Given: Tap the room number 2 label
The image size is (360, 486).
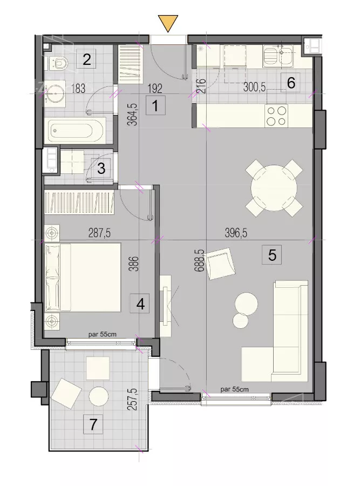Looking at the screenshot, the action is coord(86,59).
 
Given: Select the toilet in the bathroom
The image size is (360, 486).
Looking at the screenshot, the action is coord(57,63).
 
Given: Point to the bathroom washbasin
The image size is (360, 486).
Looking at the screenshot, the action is coord(55,92).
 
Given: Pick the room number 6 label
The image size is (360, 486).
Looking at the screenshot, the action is coord(290,83).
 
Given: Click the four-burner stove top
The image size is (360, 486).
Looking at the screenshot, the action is coord(277,116).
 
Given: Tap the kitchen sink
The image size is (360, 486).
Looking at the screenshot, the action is coord(278,56).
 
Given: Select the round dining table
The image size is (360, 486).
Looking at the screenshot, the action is coord(274,188).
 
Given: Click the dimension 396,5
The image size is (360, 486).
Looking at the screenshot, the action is coord(236,233).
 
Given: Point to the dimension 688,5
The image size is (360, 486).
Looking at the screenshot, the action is coord(199,261).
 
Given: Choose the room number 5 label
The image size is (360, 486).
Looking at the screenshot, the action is coord(271,255).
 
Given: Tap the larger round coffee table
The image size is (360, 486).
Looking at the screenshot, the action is coord(246,303).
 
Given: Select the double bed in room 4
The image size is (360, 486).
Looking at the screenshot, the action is coord(83,277).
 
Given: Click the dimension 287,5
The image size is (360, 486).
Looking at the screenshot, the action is coord(99,233).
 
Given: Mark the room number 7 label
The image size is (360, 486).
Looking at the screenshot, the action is coord(93,424).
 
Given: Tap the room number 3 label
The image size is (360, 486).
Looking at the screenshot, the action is coord(101,168).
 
